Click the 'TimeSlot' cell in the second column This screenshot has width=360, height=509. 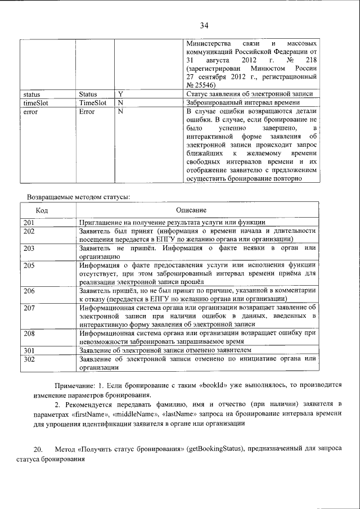[x=93, y=103]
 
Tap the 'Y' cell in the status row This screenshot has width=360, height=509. [x=120, y=94]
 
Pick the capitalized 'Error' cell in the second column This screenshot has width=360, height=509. [x=87, y=111]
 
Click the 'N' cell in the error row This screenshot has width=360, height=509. [x=120, y=111]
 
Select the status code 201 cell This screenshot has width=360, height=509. [x=30, y=223]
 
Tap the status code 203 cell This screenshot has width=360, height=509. [x=30, y=248]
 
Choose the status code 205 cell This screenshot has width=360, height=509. [x=30, y=265]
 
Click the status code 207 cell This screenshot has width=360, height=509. [x=30, y=307]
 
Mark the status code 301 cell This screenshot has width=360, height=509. [x=30, y=350]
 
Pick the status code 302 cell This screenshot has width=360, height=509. [x=30, y=358]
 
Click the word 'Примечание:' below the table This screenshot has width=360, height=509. [x=75, y=386]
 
